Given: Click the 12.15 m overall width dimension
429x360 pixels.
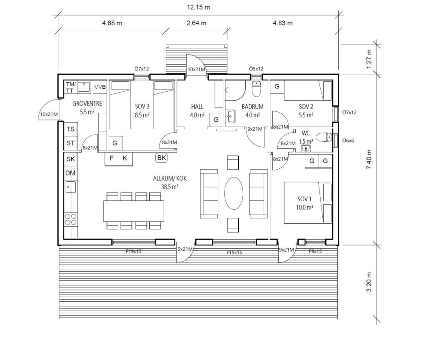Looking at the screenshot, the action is [x=198, y=7].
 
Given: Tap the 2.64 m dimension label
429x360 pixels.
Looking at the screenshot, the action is [x=197, y=23].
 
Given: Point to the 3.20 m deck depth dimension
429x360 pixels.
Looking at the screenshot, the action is [x=369, y=282].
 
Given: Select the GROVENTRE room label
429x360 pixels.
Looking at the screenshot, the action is [x=87, y=103].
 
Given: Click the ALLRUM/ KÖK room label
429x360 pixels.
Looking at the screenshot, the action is [x=170, y=178].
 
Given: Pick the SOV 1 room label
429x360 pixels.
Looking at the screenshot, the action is [x=304, y=199].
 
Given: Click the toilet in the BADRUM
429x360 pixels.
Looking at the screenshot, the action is [x=257, y=89].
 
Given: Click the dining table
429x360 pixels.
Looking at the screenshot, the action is [x=134, y=211].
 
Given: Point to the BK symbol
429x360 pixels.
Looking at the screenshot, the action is [x=162, y=157].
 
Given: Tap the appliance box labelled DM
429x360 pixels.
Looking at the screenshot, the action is [x=70, y=173].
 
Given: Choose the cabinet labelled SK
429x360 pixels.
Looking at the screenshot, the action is [x=70, y=159].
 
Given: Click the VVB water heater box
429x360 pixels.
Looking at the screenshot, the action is [x=100, y=87].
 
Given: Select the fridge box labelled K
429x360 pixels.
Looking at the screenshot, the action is [x=125, y=158].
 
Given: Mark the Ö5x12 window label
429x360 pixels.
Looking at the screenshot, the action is [x=256, y=69].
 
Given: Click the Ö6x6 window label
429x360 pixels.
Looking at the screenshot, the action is [x=348, y=141].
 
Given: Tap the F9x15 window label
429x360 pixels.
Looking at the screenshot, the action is [x=315, y=251].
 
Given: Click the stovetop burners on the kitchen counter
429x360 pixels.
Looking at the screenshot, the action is [x=70, y=220].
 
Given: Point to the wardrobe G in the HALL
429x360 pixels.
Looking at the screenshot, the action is [x=216, y=120].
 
